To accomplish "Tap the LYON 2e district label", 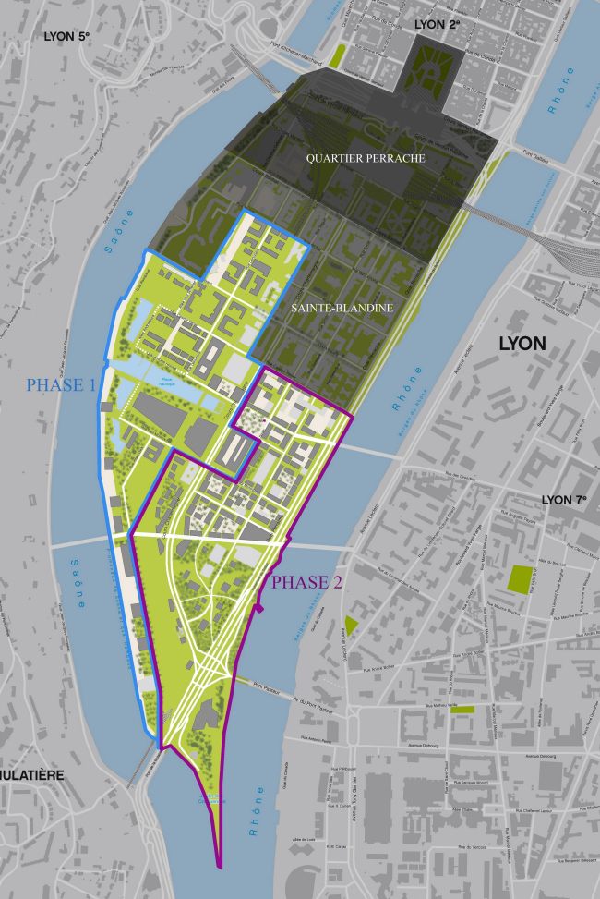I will coord(438,24).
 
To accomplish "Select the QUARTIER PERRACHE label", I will coord(366,159).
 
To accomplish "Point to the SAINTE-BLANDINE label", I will coord(342,307).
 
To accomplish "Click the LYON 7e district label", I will coord(564,500).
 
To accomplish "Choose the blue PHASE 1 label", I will coord(61,384).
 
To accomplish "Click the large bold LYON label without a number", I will coord(522,344).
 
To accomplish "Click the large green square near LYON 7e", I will coord(522,579).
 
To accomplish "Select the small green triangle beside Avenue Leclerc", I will coord(350,626).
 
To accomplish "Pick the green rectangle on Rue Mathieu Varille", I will coord(462,710).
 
